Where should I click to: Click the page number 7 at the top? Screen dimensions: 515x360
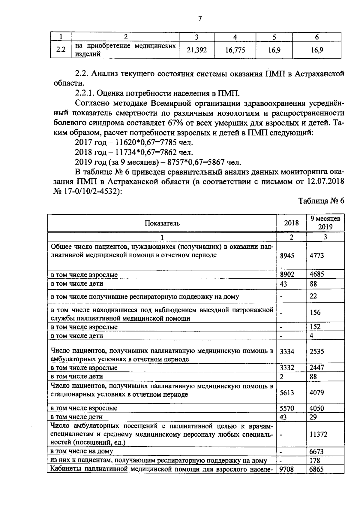(x=200, y=19)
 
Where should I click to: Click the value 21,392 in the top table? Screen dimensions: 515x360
(x=197, y=50)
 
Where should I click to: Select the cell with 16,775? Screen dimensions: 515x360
(x=235, y=50)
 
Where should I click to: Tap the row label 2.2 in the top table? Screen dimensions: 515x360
(x=61, y=50)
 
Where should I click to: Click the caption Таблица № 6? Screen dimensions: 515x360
(x=321, y=201)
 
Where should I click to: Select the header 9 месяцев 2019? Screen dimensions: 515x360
(x=325, y=223)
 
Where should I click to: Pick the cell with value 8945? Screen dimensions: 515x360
(x=287, y=256)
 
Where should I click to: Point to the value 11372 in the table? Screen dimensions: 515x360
(x=318, y=434)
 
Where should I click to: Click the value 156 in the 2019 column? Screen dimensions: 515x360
(x=315, y=313)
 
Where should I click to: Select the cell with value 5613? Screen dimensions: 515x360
(x=287, y=393)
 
